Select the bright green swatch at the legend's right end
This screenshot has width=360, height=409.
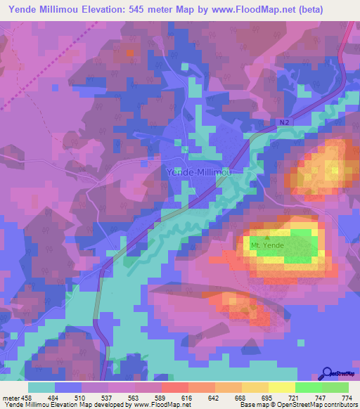click(x=335, y=388)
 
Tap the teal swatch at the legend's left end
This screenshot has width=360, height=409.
click(x=41, y=388)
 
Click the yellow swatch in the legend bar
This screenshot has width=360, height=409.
click(x=281, y=388)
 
